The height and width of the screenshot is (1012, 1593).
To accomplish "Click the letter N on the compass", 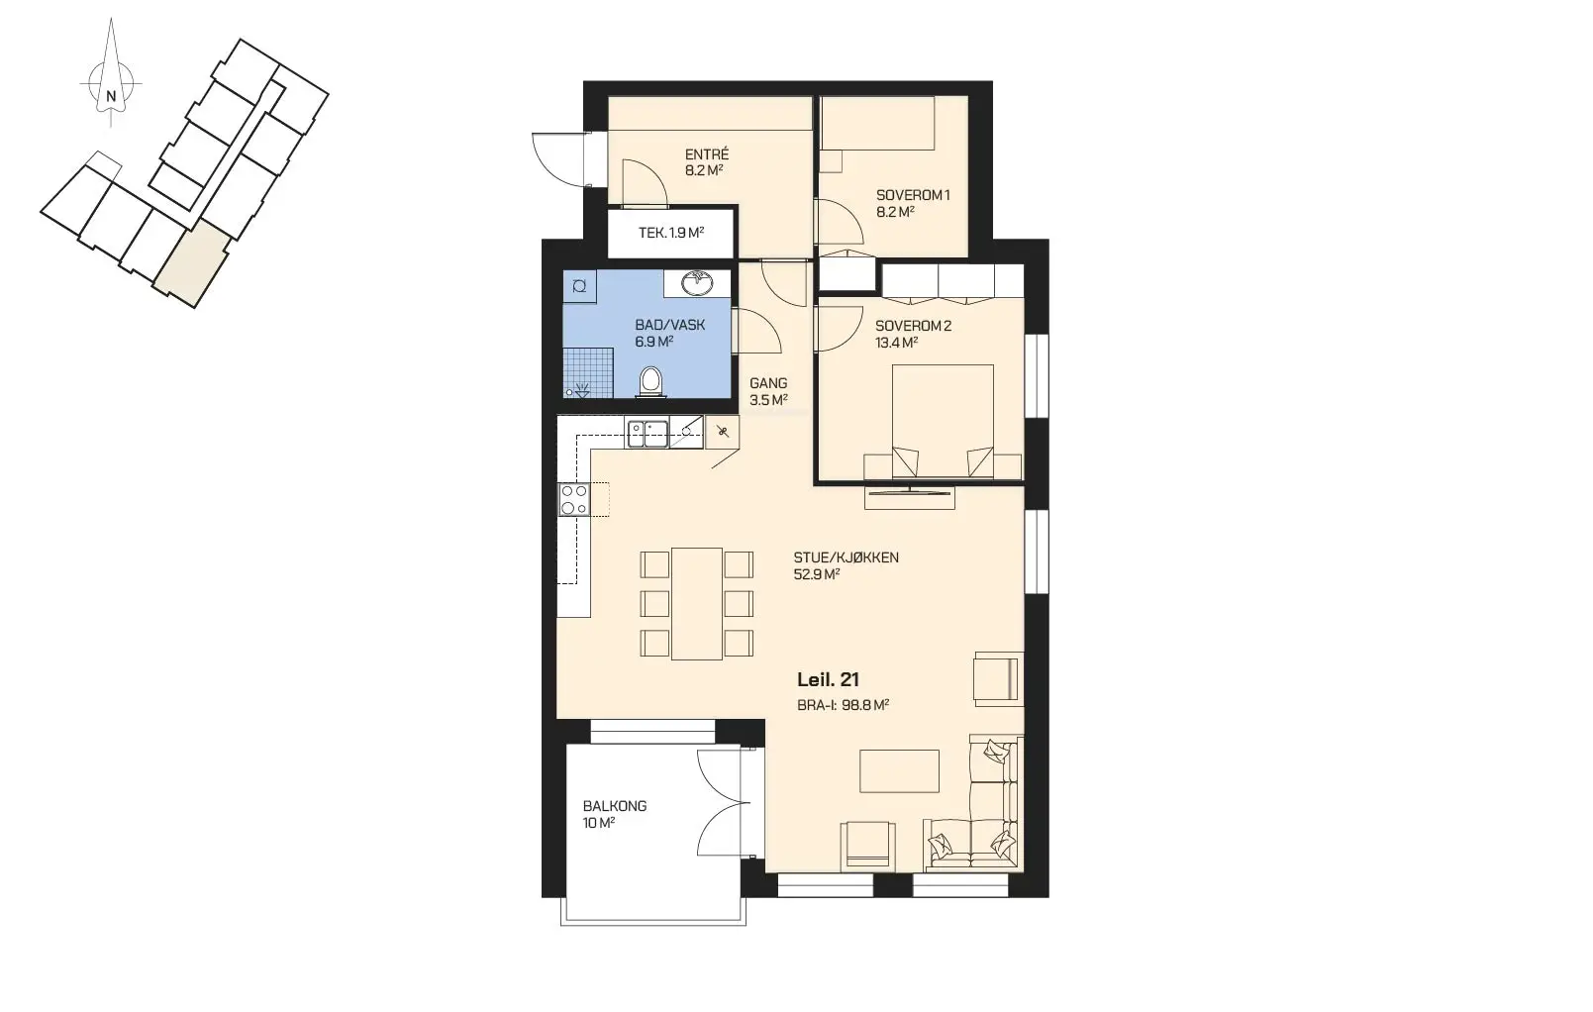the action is click(x=111, y=95).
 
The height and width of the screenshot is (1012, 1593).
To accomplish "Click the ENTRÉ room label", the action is click(x=706, y=154).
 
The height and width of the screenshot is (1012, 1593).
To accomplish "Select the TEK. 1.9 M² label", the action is click(x=670, y=233).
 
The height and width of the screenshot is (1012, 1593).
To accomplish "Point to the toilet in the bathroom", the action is click(x=650, y=382).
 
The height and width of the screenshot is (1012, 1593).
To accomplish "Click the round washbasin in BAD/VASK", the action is click(x=698, y=283).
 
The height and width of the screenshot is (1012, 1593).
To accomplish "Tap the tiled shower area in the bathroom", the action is click(x=588, y=372).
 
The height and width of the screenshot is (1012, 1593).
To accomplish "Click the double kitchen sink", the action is click(x=647, y=434).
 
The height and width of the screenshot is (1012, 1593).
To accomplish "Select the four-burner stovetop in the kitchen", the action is click(x=574, y=499).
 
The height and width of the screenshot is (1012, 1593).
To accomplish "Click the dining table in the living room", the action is click(x=697, y=603).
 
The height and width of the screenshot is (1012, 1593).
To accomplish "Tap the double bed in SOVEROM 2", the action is click(x=943, y=421).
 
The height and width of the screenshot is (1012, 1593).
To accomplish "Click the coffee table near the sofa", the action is click(x=899, y=771).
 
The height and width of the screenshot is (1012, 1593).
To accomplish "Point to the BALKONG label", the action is click(x=615, y=806).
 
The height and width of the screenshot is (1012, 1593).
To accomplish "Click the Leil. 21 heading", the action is click(x=828, y=680).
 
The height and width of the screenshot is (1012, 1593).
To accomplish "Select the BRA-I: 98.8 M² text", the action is click(x=844, y=705).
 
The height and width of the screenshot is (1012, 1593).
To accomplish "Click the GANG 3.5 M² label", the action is click(x=768, y=392).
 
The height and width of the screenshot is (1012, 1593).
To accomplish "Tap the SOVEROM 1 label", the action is click(x=913, y=195).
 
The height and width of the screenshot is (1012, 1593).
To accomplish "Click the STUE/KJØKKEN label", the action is click(x=846, y=557).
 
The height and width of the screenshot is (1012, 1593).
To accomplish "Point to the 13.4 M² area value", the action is click(x=896, y=343).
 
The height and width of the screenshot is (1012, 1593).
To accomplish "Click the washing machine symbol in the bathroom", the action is click(x=579, y=286).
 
